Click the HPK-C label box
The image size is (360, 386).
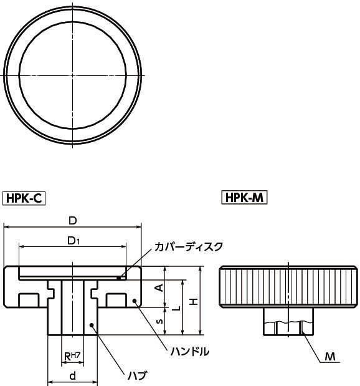26,198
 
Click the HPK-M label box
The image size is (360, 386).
245,198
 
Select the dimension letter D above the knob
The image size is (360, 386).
72,221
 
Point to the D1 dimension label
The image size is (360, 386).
73,240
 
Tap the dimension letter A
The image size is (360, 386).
158,287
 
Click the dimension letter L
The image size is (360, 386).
176,308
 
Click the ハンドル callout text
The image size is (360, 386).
189,352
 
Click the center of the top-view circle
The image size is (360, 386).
73,75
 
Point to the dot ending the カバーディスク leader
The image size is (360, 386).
123,272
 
